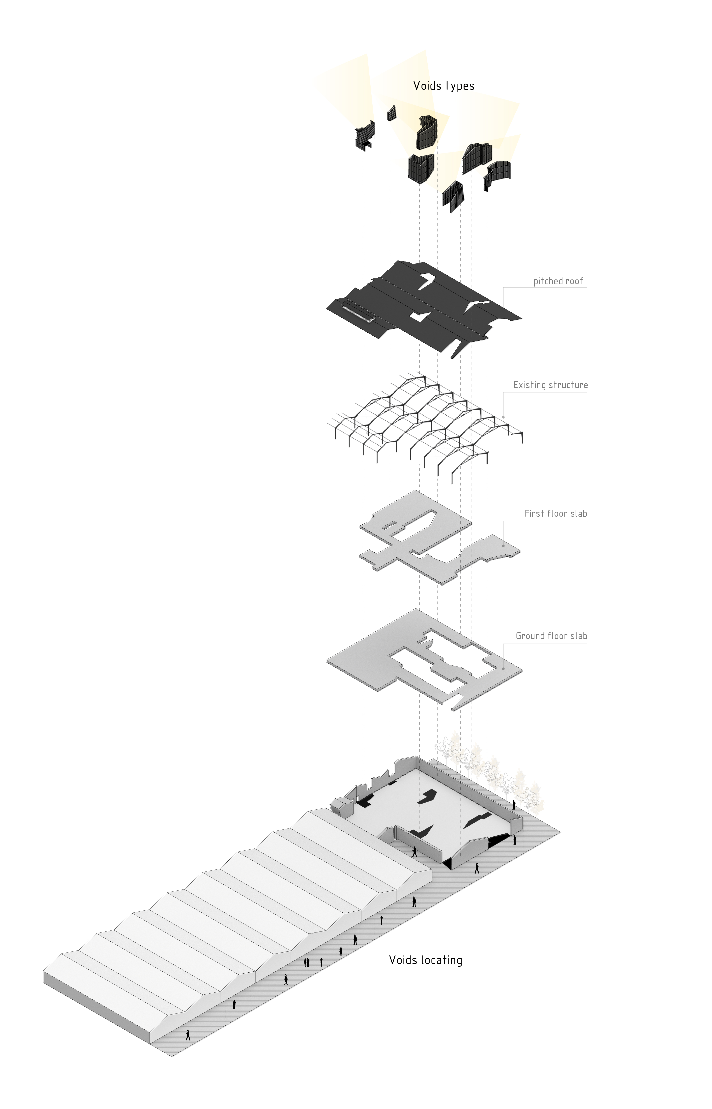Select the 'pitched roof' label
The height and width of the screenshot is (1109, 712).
(558, 282)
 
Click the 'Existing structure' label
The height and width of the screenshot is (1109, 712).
(550, 385)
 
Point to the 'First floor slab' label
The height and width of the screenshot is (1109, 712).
(555, 513)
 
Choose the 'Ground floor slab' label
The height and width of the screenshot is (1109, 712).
(551, 636)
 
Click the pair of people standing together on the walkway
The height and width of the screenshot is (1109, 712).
(306, 962)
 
